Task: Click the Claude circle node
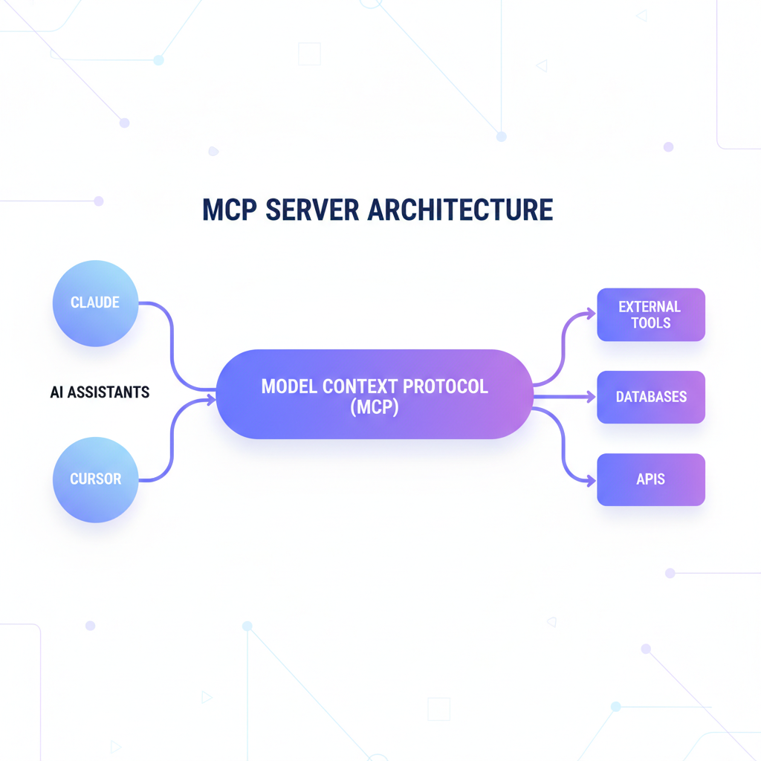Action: point(95,303)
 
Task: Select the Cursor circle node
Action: point(95,479)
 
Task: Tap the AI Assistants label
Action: point(100,392)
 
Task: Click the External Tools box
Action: point(651,314)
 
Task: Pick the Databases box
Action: point(651,397)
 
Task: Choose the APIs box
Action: point(651,479)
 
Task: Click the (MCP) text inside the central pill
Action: point(375,407)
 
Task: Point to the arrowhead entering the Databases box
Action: point(592,397)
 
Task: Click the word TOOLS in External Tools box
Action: point(651,323)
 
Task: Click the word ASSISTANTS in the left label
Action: point(109,392)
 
